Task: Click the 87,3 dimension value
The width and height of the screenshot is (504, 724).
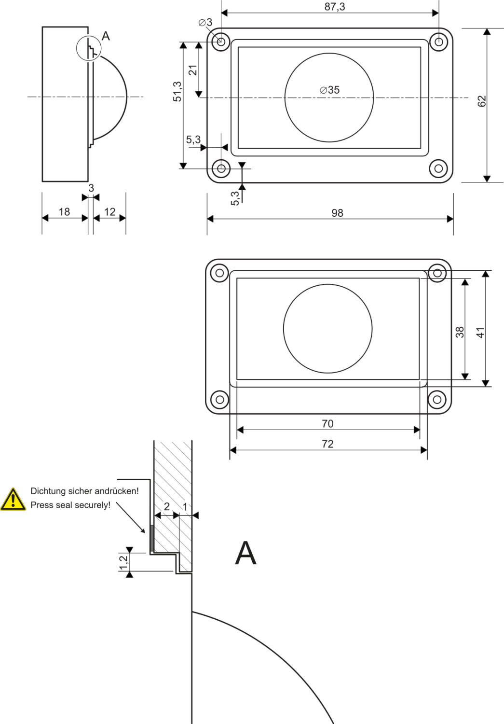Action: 335,6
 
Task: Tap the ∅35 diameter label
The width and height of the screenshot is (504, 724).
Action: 330,90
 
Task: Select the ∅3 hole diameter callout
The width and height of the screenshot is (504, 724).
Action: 205,22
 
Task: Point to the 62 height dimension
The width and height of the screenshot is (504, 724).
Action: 481,101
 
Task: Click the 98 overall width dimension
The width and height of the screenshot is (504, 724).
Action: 337,213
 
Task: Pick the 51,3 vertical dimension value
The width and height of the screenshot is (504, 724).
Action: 177,92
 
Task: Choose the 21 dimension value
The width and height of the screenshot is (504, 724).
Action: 193,70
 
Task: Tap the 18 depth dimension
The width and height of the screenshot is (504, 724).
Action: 64,212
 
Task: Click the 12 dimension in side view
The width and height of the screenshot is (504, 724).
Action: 110,212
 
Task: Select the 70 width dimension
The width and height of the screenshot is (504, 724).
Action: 327,424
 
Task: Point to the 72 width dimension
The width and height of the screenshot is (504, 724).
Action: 327,444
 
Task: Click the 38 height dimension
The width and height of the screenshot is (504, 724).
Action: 460,332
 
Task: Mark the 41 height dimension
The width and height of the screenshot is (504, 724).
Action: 480,333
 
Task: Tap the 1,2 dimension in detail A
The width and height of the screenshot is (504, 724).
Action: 123,562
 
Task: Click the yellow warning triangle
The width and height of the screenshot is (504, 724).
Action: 13,500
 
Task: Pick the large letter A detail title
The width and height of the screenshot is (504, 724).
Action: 245,553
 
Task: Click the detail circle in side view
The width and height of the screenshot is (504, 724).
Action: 89,48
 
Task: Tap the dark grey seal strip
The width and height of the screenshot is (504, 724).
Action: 152,538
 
